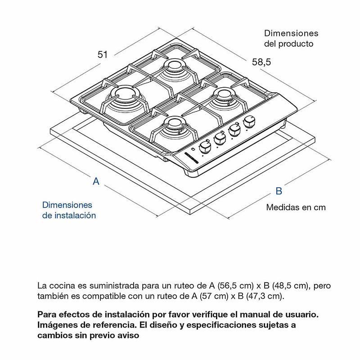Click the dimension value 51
pyautogui.click(x=103, y=54)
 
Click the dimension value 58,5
pyautogui.click(x=261, y=63)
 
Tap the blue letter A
pyautogui.click(x=96, y=182)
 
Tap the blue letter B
pyautogui.click(x=279, y=191)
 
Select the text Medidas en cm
pyautogui.click(x=296, y=207)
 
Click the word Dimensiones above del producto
pyautogui.click(x=291, y=33)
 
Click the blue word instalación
pyautogui.click(x=75, y=216)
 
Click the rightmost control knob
pyautogui.click(x=249, y=122)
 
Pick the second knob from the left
pyautogui.click(x=220, y=137)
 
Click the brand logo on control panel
pyautogui.click(x=195, y=157)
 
